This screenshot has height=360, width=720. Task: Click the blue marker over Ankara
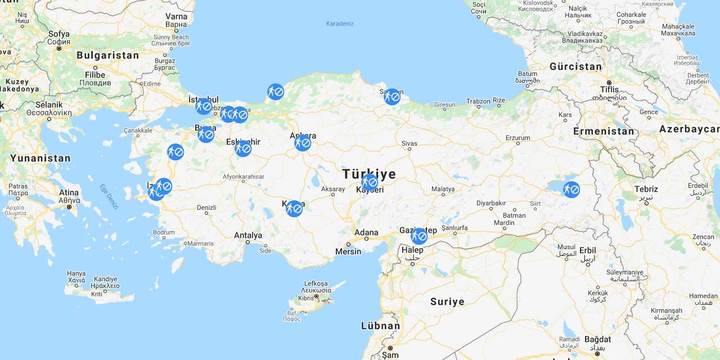tap(303, 143)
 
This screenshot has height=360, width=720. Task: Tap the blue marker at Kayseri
tap(370, 182)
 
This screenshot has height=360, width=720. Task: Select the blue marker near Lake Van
tap(571, 190)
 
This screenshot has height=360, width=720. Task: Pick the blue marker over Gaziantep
tap(418, 236)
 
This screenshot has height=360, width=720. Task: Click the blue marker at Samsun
tap(392, 97)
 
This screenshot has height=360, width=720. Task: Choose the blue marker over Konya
tap(294, 209)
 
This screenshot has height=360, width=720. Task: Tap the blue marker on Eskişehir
tap(243, 148)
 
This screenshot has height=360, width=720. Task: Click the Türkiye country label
tap(369, 173)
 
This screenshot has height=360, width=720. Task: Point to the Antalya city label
tap(248, 235)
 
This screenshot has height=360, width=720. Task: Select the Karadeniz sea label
tap(340, 24)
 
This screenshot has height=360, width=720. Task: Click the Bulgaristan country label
tap(107, 55)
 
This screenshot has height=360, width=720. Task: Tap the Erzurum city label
tap(517, 138)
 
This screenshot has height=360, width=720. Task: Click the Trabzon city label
tap(478, 102)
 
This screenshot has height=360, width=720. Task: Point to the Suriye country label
tap(447, 301)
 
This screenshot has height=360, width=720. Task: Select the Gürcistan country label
tap(575, 66)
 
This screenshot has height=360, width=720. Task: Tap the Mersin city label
tap(348, 251)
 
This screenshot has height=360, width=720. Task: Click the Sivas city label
tap(409, 143)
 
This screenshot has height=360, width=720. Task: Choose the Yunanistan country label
tap(40, 158)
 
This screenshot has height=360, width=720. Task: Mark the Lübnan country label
tap(380, 326)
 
